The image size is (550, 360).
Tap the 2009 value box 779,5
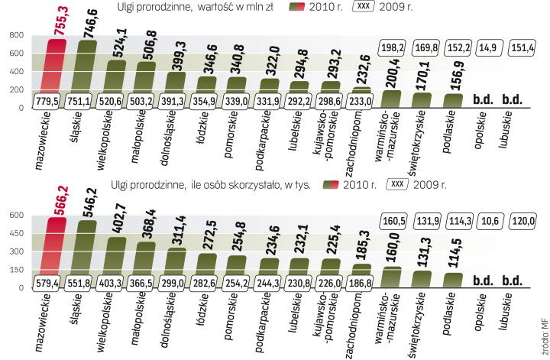point(47,101)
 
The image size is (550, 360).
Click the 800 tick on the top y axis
point(15,35)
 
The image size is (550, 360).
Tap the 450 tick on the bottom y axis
point(15,233)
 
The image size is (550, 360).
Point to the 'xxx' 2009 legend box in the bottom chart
point(398,184)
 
